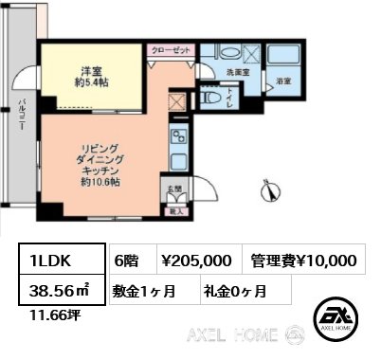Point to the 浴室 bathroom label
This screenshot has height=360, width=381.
[x=282, y=82]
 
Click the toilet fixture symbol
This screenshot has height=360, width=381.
[x=214, y=98]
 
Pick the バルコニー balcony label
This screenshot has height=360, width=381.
[x=21, y=119]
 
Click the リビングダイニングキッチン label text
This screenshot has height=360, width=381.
[x=95, y=163]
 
